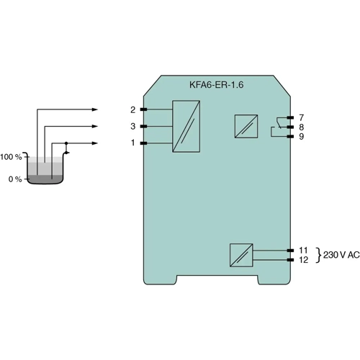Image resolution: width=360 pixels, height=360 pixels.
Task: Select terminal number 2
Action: pyautogui.click(x=132, y=109)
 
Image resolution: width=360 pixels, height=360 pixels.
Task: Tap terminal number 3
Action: pyautogui.click(x=132, y=127)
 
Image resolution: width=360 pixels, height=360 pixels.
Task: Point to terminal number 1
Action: pyautogui.click(x=132, y=143)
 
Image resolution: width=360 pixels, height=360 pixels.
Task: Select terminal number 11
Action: pyautogui.click(x=303, y=250)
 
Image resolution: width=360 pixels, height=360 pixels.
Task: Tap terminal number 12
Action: pyautogui.click(x=303, y=260)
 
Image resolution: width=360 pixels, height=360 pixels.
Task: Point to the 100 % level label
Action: pyautogui.click(x=12, y=156)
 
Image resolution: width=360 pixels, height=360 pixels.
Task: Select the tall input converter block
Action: pyautogui.click(x=186, y=127)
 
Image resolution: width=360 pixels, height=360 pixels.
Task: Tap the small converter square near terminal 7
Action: pyautogui.click(x=245, y=127)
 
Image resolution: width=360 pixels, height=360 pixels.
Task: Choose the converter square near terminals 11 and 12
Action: pyautogui.click(x=240, y=255)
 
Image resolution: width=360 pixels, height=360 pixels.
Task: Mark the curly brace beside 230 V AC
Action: pyautogui.click(x=318, y=255)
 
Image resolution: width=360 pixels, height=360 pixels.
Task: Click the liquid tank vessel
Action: pyautogui.click(x=45, y=171)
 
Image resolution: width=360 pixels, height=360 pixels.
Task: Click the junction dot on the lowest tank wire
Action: pyautogui.click(x=67, y=143)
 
